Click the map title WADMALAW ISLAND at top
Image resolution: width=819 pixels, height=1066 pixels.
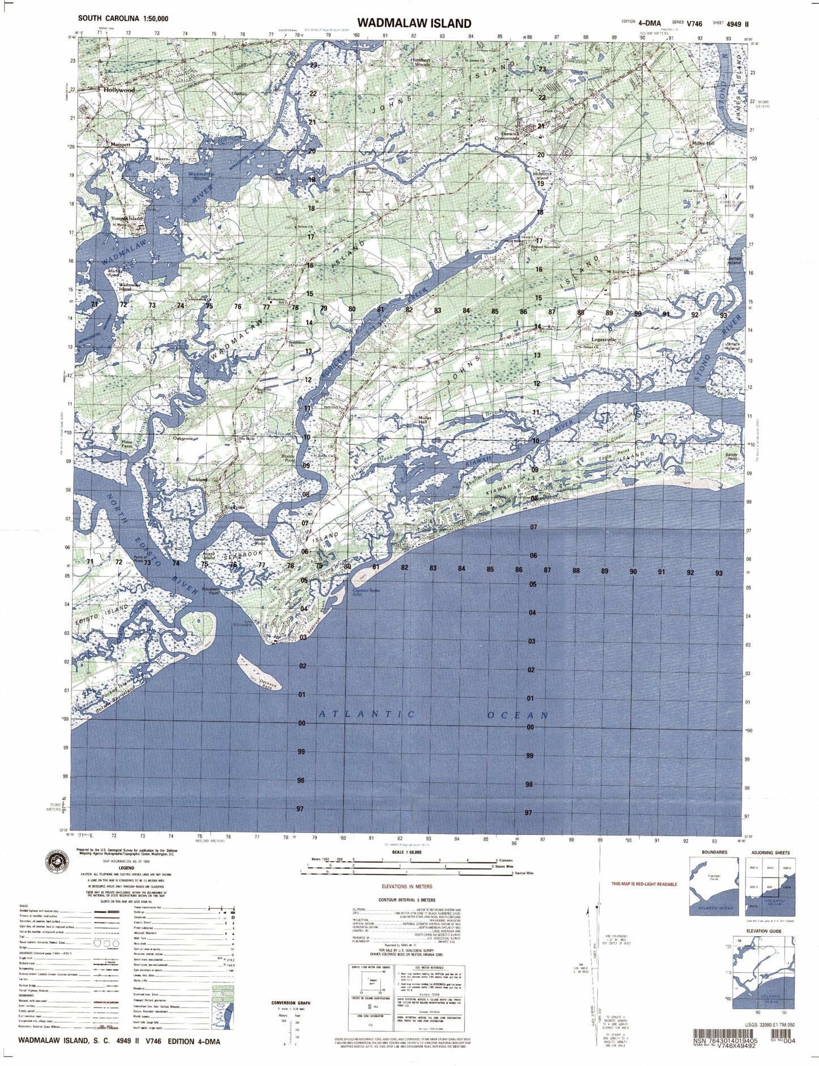tap(414, 23)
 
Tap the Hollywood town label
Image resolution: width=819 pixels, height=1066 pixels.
tap(119, 90)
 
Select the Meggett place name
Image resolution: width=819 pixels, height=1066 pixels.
tap(120, 145)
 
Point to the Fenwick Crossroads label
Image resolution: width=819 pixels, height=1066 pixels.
tap(507, 136)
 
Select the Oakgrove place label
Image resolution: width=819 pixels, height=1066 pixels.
tap(184, 438)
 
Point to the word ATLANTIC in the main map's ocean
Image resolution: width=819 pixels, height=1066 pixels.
tap(367, 714)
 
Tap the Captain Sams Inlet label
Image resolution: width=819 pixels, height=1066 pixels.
tap(366, 592)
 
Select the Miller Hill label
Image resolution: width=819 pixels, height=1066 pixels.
tap(703, 144)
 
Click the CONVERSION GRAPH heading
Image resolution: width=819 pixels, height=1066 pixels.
tap(291, 1003)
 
